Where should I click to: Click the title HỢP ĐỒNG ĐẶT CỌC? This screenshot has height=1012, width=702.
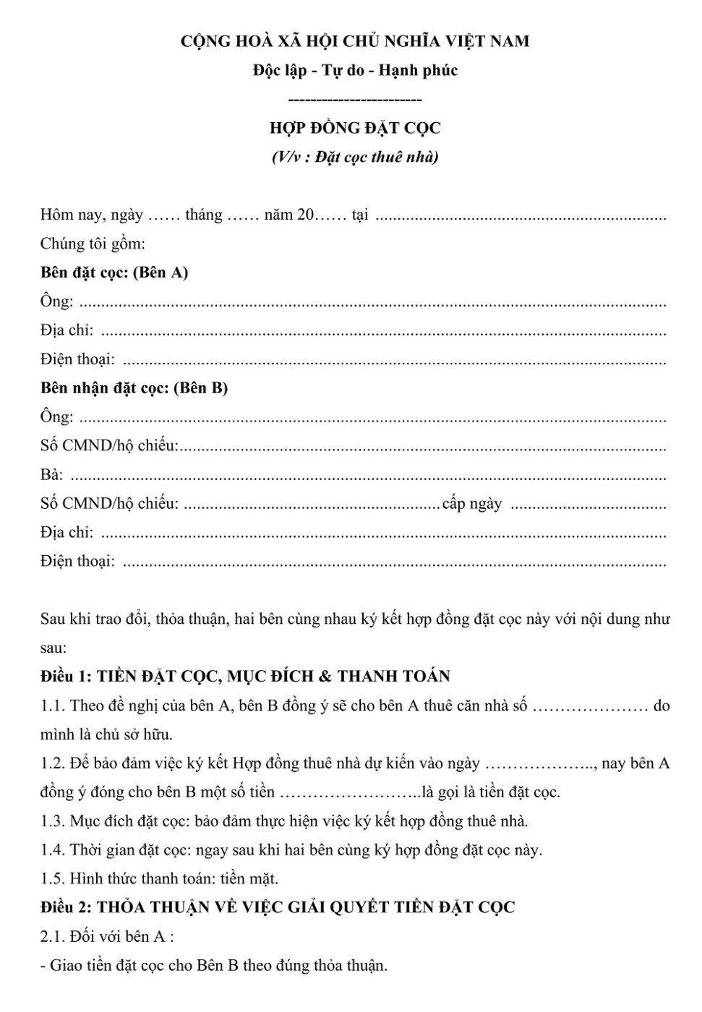coord(355,128)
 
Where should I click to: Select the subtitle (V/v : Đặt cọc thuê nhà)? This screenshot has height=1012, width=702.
coord(355,157)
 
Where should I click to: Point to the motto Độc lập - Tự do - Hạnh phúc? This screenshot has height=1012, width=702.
coord(355,70)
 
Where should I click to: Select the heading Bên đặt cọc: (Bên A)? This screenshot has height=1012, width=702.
coord(114,273)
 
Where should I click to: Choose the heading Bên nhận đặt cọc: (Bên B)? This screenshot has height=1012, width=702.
coord(134,388)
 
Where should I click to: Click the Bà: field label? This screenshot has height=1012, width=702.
coord(51,475)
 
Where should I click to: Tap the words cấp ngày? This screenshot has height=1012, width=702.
coord(471,504)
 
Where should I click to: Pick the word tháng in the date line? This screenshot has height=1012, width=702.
coord(204,215)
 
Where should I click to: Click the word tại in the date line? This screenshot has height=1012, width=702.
coord(359,215)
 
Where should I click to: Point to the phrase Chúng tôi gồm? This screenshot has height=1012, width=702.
coord(93,244)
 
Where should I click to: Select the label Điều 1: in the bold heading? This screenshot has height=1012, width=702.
coord(67,677)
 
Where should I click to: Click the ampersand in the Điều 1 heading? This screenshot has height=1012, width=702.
coord(325,677)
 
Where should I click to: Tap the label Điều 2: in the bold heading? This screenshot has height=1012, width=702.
coord(67,907)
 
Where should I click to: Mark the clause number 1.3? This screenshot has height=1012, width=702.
coord(53,821)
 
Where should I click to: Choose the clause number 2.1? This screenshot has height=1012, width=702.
coord(53,937)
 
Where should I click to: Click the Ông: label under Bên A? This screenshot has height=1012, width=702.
coord(56,301)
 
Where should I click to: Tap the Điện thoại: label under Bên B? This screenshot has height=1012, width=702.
coord(77,562)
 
